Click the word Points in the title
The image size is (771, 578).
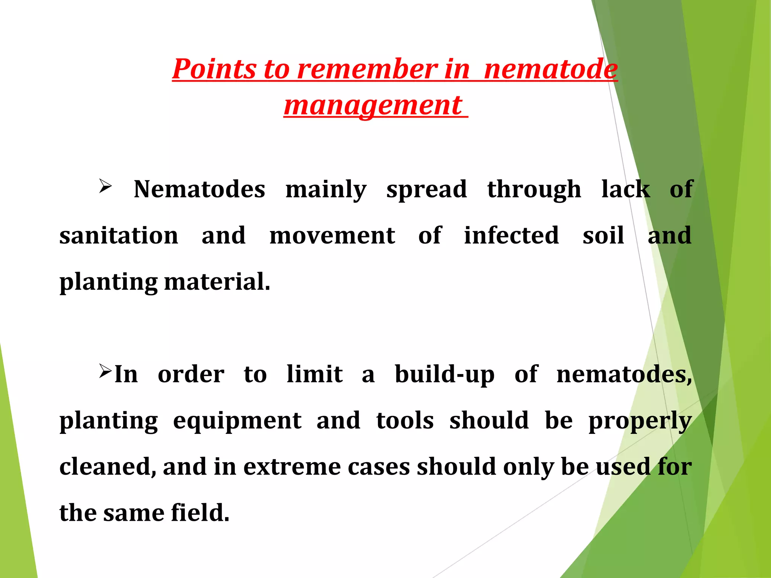pos(215,69)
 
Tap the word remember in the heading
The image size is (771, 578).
pos(367,69)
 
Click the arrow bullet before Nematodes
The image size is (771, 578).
pos(105,186)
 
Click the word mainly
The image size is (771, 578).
pos(326,189)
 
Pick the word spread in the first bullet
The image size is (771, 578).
pos(427,189)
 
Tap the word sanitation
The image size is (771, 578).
pos(119,236)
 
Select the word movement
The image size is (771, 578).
pos(332,236)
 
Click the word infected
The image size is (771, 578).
pos(511,236)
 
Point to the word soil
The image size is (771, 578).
pos(603,236)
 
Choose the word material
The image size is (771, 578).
pos(217,282)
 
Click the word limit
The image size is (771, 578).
pos(314,374)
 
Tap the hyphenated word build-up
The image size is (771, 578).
pos(444,375)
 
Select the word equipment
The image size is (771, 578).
pos(237,421)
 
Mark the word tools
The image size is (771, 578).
pos(405,420)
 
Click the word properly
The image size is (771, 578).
pos(640,421)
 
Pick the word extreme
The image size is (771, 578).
pos(292,467)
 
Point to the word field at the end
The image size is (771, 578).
pos(200,513)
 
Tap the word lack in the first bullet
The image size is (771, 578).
pos(625,189)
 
